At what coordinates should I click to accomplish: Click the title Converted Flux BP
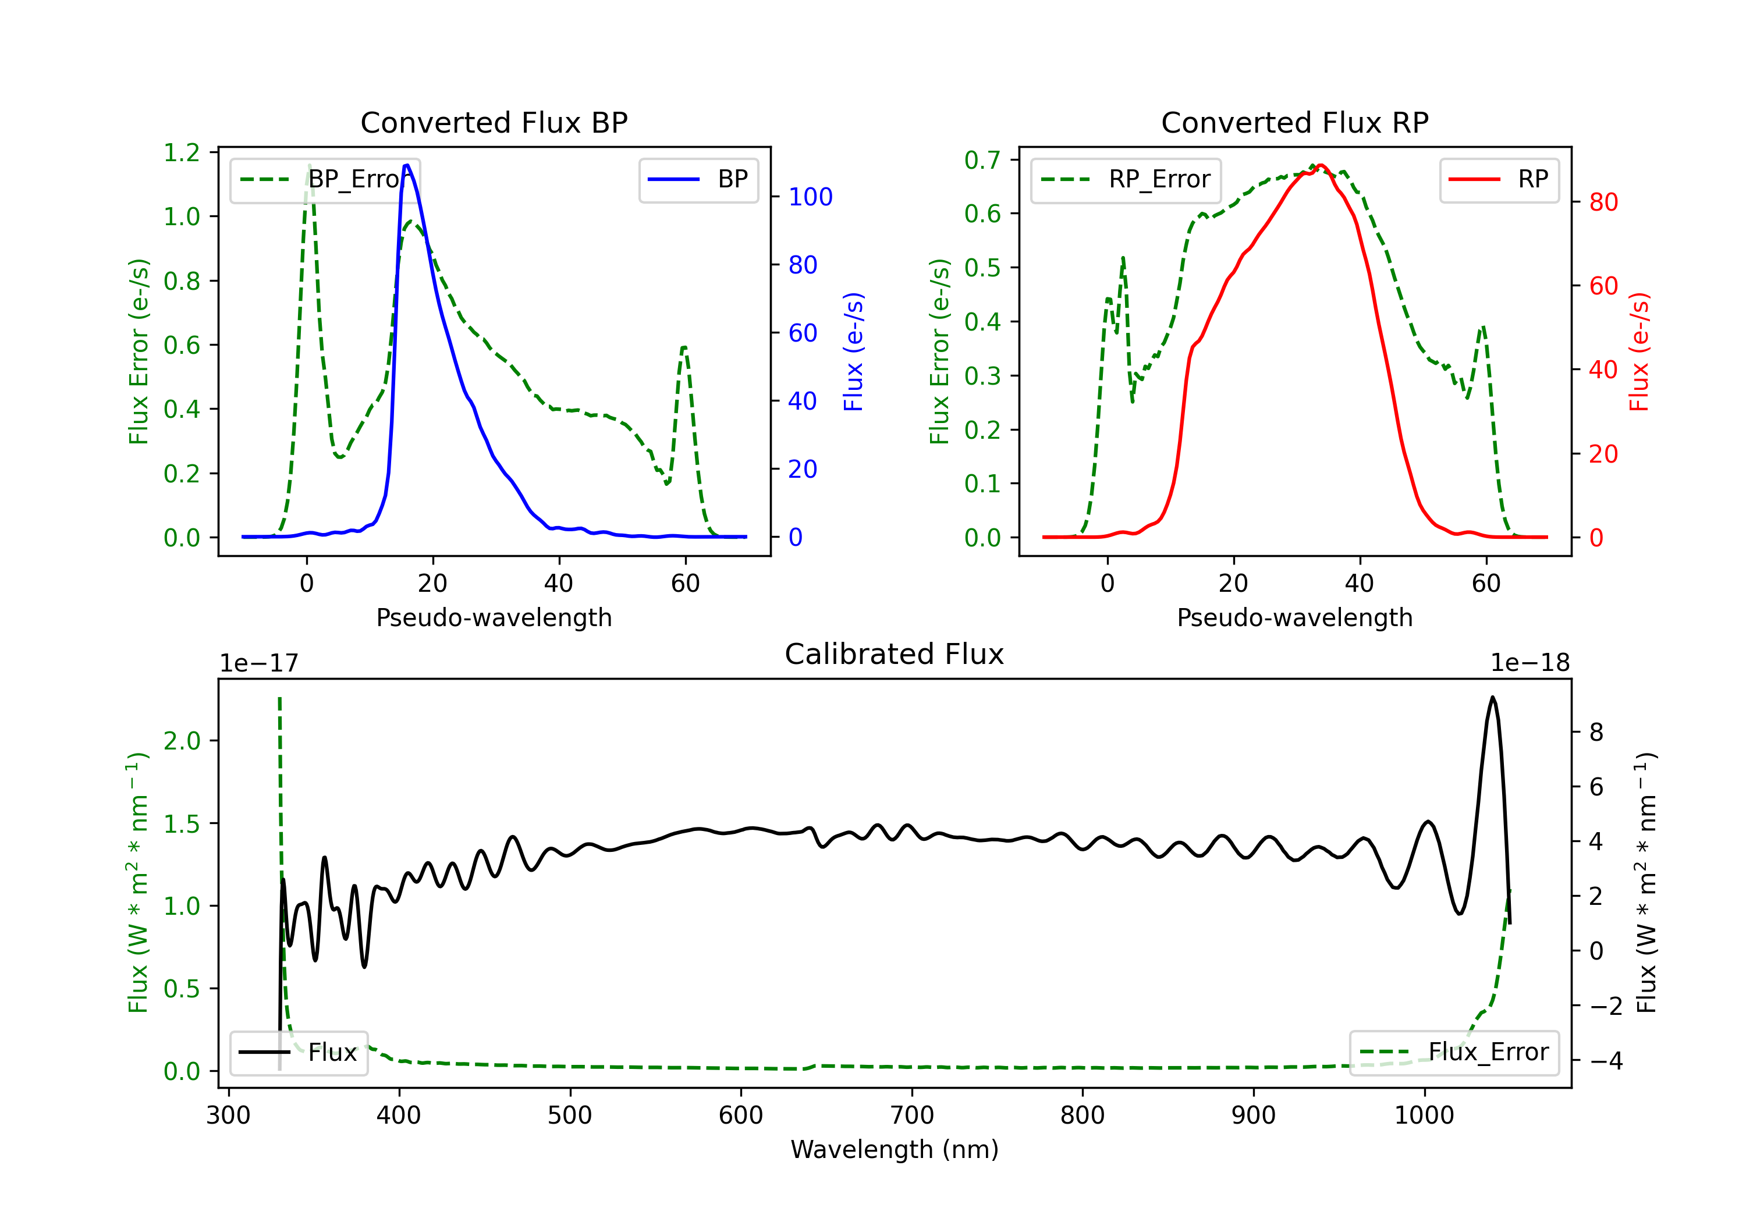[x=494, y=122]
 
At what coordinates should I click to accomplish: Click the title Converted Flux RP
[x=1294, y=122]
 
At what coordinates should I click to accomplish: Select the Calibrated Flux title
[x=895, y=654]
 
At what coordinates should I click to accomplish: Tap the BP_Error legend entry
[x=325, y=179]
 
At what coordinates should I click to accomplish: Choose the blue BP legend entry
[x=698, y=179]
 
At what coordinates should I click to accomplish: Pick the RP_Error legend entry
[x=1126, y=179]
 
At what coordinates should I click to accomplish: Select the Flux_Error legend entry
[x=1454, y=1053]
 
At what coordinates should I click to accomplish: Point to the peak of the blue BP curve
[x=407, y=165]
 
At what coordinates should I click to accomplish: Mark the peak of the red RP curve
[x=1321, y=165]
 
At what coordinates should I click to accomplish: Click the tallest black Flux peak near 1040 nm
[x=1493, y=697]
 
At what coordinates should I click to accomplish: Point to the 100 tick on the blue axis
[x=810, y=197]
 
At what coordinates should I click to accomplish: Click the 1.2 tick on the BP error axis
[x=182, y=153]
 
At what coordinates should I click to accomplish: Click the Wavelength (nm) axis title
[x=895, y=1150]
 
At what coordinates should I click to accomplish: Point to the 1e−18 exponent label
[x=1530, y=663]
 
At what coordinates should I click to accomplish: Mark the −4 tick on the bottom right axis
[x=1605, y=1061]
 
